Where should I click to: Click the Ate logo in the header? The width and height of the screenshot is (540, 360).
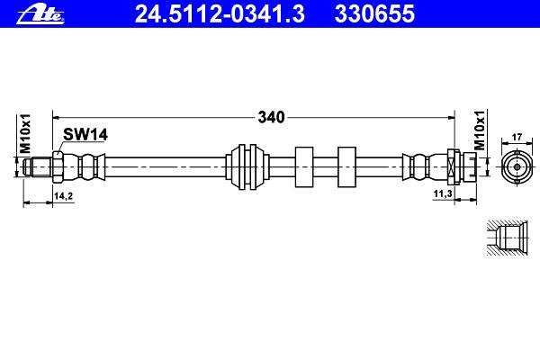tap(40, 14)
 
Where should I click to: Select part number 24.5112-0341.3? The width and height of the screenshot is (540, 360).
tap(220, 14)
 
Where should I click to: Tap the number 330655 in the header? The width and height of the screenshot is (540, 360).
tap(374, 14)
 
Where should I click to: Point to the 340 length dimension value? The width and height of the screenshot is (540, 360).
tap(272, 118)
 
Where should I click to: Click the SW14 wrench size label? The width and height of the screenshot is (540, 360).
tap(85, 134)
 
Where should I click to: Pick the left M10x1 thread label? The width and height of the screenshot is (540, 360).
tap(25, 133)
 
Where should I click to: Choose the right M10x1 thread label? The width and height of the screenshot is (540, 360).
tap(480, 130)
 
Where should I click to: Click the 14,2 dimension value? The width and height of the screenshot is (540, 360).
tap(63, 196)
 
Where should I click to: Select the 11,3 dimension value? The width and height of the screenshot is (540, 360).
tap(443, 194)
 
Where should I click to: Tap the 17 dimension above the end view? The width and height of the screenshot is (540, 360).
tap(517, 137)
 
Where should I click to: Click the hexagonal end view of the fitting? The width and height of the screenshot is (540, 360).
tap(517, 167)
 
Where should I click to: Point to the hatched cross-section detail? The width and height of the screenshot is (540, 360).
tap(508, 238)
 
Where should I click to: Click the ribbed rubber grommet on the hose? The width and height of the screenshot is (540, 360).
tap(247, 167)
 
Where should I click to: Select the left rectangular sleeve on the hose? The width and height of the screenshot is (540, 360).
tap(304, 167)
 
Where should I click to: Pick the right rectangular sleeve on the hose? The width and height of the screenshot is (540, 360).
tap(346, 167)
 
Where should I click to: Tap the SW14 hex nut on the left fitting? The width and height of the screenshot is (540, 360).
tap(58, 167)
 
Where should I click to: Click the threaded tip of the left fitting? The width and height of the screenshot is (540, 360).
tap(38, 167)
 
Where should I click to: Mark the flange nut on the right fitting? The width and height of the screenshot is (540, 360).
tap(454, 167)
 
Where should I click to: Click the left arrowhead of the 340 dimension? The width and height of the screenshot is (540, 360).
tap(57, 118)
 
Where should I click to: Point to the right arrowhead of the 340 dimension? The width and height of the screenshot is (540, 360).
tap(451, 118)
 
